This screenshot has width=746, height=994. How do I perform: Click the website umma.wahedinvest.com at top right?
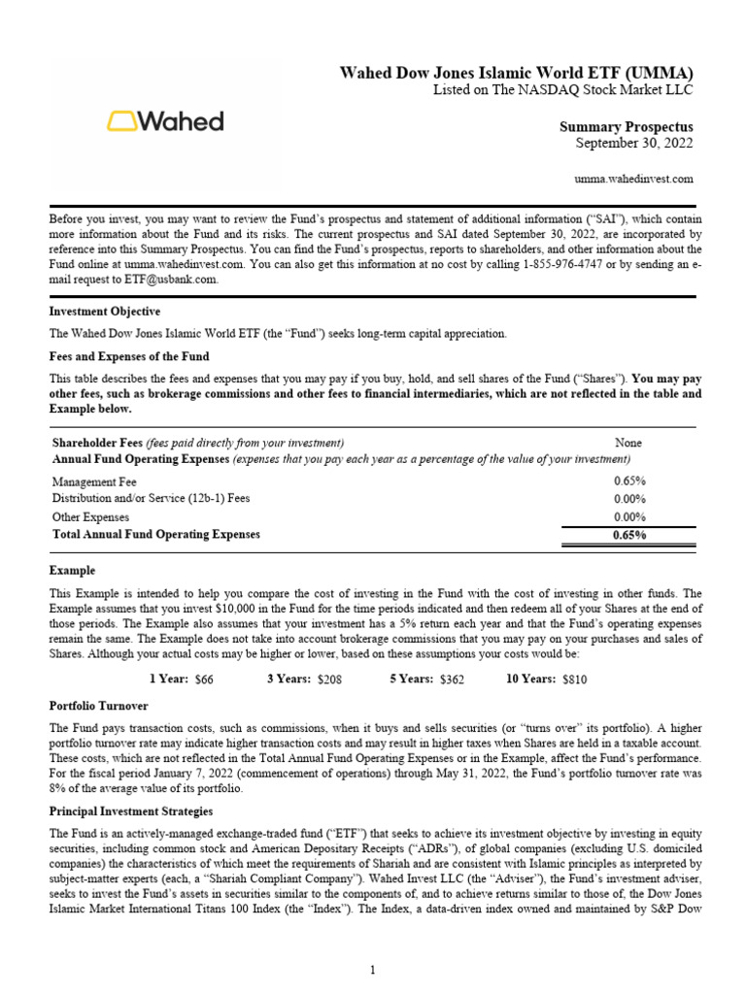tap(634, 179)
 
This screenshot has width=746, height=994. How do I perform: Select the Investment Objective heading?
tap(105, 312)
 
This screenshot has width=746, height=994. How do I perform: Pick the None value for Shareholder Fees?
tap(627, 443)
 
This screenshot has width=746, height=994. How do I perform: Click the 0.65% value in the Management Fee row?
tap(629, 480)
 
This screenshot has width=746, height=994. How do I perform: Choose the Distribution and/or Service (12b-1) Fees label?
tap(151, 498)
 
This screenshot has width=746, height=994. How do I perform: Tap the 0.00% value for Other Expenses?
tap(629, 516)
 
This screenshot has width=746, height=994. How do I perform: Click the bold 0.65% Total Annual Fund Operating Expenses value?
tap(629, 535)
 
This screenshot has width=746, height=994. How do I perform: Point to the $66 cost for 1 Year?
tap(204, 680)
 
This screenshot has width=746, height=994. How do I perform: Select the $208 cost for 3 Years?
tap(329, 680)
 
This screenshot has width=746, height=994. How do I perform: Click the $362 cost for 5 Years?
tap(452, 680)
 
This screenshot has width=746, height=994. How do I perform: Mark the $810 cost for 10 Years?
tap(575, 680)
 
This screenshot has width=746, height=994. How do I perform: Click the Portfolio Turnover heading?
tap(99, 706)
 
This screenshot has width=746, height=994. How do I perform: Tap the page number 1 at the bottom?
tap(373, 970)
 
